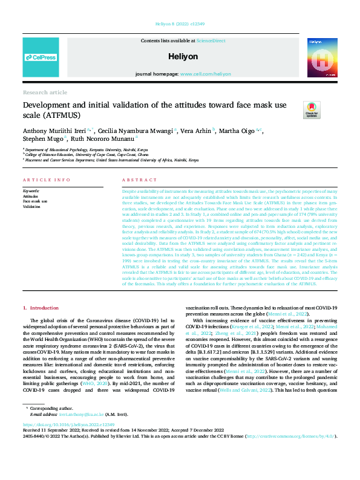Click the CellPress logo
pyautogui.click(x=41, y=57)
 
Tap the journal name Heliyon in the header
pyautogui.click(x=180, y=56)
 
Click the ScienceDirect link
pyautogui.click(x=211, y=40)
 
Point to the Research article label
pyautogui.click(x=45, y=92)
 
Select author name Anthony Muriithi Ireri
pyautogui.click(x=54, y=130)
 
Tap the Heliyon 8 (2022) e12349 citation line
pyautogui.click(x=180, y=25)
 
